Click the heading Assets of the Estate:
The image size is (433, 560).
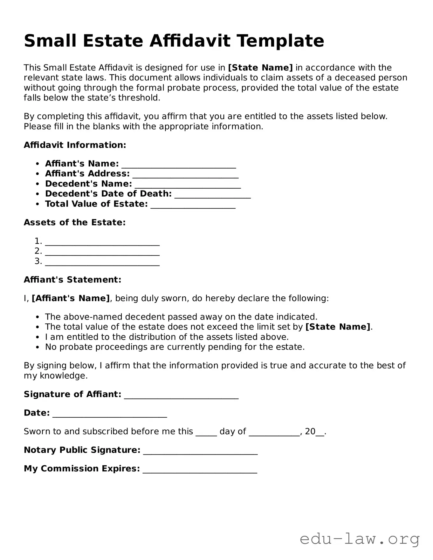[x=75, y=222]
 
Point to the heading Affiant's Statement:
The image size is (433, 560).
[x=72, y=280]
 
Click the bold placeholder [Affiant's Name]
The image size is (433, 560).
[x=71, y=298]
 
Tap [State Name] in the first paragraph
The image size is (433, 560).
[x=260, y=68]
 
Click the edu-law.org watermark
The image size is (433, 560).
[x=360, y=539]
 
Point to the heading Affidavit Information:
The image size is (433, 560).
[x=75, y=145]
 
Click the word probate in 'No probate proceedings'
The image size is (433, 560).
[x=76, y=347]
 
